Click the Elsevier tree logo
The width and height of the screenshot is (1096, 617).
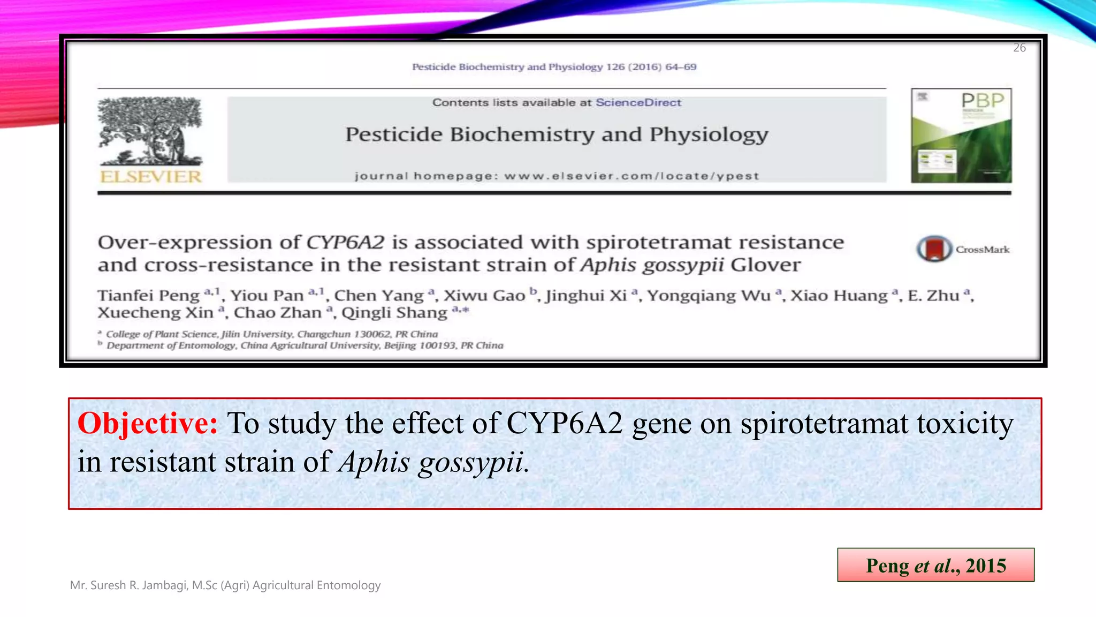(150, 131)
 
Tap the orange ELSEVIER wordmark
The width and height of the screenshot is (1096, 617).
(150, 177)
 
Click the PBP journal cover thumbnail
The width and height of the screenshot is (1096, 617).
(961, 136)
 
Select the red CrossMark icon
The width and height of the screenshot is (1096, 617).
(934, 249)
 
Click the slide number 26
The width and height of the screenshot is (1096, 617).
(1019, 48)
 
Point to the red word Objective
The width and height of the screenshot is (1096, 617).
(148, 423)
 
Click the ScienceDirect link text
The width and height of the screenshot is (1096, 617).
(638, 102)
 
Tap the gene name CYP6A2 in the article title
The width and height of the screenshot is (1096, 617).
(345, 242)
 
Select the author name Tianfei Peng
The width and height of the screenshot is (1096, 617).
(148, 295)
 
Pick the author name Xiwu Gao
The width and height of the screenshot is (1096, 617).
(484, 295)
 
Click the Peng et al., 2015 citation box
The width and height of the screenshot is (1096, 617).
(935, 565)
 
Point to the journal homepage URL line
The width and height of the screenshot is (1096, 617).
(557, 176)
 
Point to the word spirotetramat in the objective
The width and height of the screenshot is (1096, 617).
(824, 423)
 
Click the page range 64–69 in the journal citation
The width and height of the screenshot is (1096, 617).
(681, 67)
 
